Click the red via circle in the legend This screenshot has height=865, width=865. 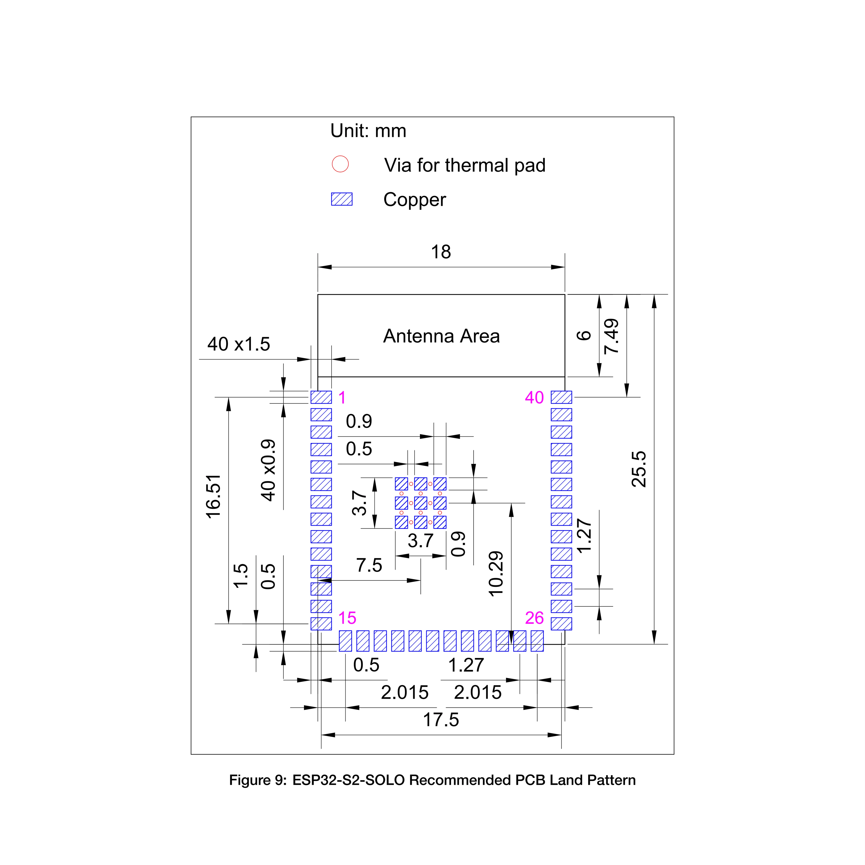click(340, 164)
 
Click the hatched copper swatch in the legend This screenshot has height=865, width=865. click(342, 199)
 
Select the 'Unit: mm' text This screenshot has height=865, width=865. click(368, 131)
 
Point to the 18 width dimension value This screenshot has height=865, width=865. click(441, 252)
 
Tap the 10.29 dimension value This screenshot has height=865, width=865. click(496, 574)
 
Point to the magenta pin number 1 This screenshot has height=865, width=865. click(342, 397)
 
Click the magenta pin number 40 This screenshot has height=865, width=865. click(534, 397)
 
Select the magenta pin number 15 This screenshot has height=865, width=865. click(347, 618)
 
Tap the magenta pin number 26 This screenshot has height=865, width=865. click(534, 618)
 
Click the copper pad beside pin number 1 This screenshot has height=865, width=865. click(321, 397)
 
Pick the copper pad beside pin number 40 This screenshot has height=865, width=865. click(561, 397)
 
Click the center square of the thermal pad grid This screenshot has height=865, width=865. click(420, 503)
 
